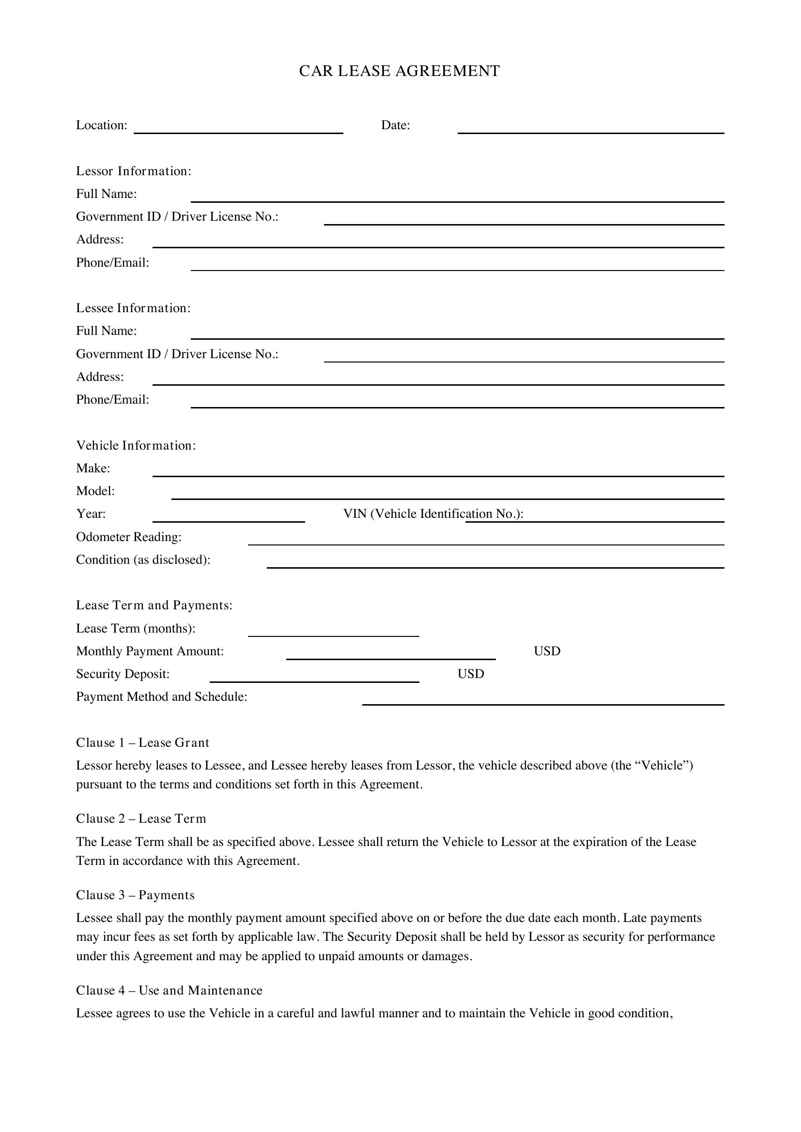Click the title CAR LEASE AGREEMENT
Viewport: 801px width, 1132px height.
coord(400,71)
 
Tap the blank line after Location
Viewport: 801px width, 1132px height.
coord(238,129)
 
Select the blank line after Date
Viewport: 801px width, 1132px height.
coord(590,129)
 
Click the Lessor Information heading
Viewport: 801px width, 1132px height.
coord(134,171)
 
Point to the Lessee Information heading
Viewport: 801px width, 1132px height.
coord(133,308)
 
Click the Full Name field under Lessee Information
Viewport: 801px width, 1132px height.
coord(457,335)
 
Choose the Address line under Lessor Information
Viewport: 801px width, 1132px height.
coord(438,243)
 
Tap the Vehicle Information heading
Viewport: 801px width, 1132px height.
coord(136,446)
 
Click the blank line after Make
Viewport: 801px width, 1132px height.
coord(438,472)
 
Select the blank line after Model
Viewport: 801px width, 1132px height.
coord(447,495)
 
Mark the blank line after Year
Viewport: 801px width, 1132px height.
coord(229,518)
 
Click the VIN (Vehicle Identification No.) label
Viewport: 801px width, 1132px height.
coord(433,514)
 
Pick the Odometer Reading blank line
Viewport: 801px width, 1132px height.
coord(486,541)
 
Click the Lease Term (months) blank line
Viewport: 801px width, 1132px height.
coord(333,633)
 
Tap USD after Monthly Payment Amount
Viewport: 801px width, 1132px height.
coord(547,651)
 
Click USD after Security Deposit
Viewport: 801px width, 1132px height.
coord(471,674)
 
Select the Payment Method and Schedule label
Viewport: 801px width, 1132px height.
coord(162,696)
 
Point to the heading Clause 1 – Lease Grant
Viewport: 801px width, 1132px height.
coord(142,743)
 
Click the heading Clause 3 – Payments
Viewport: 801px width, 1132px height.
coord(135,895)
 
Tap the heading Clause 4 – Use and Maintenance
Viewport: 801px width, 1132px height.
coord(169,991)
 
